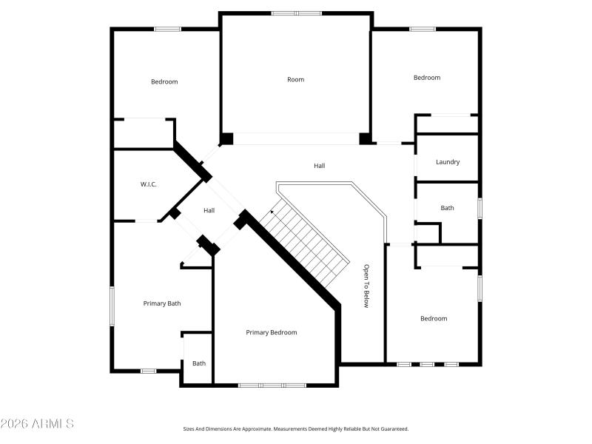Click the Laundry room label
448,162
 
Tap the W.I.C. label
148,184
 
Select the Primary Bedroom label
272,332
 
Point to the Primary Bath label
162,303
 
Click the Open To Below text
366,286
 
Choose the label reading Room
295,79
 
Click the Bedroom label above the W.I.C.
164,81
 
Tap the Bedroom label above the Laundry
427,78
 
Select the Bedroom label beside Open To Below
434,318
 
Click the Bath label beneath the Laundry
447,208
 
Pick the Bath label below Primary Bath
199,363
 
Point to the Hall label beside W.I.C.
209,211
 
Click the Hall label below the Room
319,166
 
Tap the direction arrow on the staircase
272,212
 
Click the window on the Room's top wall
296,13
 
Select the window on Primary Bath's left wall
112,306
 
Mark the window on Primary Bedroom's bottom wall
272,385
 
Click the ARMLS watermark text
37,424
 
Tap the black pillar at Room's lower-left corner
226,138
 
